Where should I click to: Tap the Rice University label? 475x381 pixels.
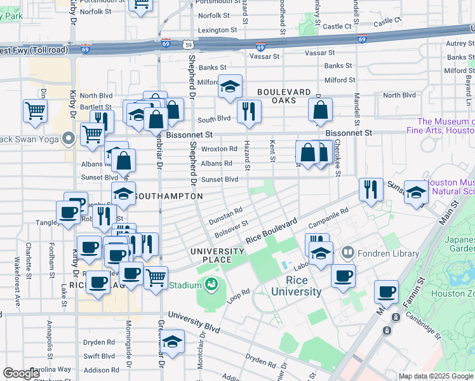coord(296,286)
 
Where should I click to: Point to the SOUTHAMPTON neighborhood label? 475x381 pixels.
coord(170,196)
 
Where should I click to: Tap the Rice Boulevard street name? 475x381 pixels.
coord(272,233)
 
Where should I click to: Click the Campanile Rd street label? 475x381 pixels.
coord(329,218)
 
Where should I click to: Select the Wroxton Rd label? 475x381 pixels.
coord(218,149)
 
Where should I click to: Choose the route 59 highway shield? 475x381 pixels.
coord(187,44)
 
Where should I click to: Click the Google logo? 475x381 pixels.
coord(21,373)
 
